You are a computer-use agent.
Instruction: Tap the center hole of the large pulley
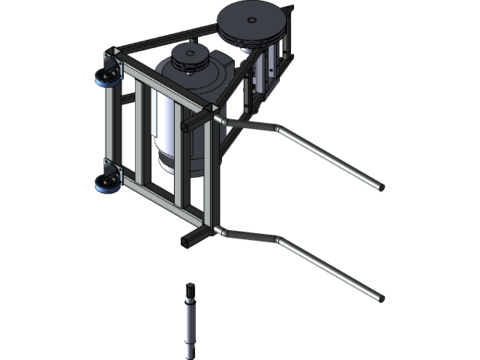252,19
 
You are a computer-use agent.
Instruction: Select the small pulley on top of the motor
189,56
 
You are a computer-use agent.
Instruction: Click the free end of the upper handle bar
379,186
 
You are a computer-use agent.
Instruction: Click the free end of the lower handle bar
379,298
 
